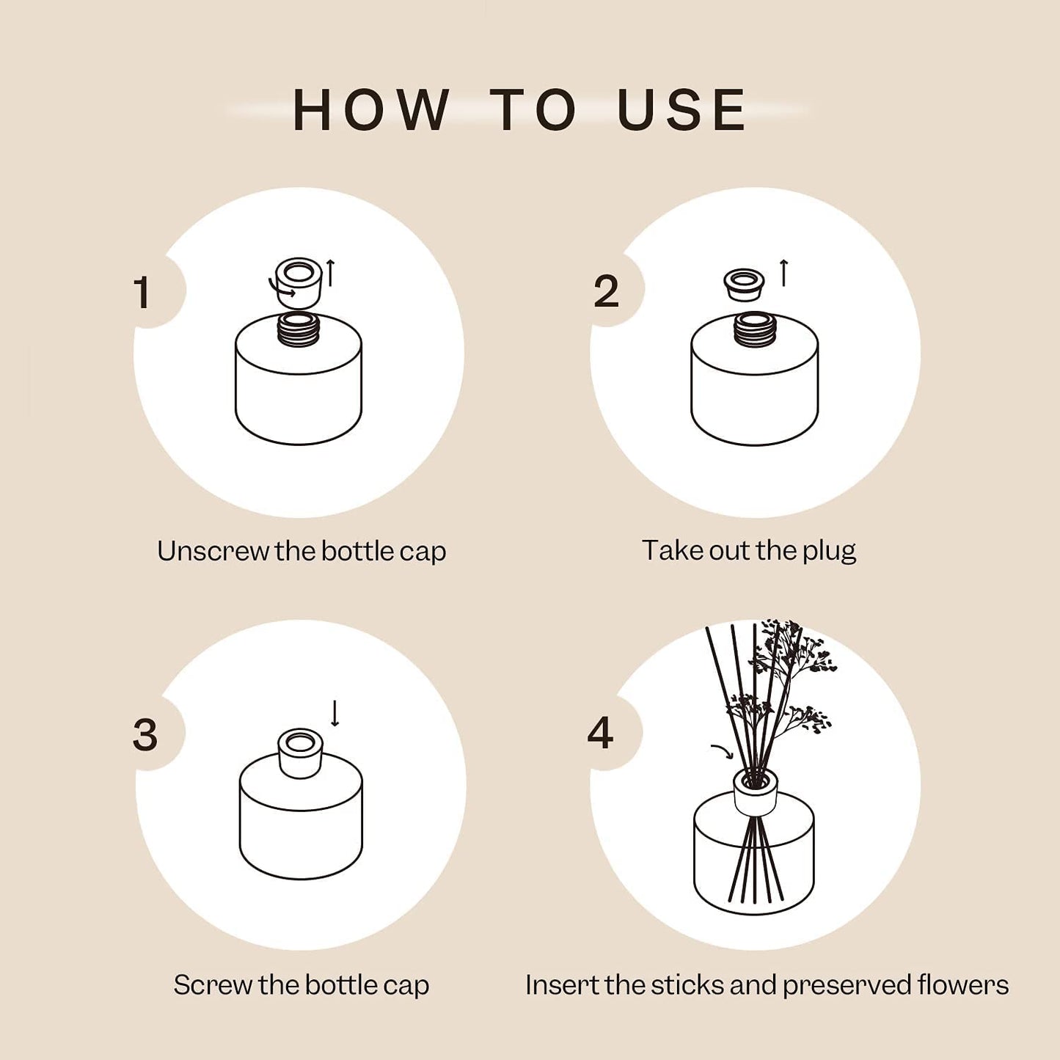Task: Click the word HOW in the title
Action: (x=370, y=111)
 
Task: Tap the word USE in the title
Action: (x=681, y=111)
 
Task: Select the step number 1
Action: (x=143, y=293)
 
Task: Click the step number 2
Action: (x=606, y=292)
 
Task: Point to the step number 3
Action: (x=145, y=734)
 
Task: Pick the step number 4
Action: (x=600, y=733)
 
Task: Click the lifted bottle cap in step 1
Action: (x=299, y=282)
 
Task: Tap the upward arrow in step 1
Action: (x=331, y=272)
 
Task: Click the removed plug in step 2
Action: (x=744, y=284)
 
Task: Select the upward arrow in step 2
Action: (x=783, y=272)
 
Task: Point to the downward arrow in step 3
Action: (x=335, y=713)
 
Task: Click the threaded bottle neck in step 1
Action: (x=299, y=329)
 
